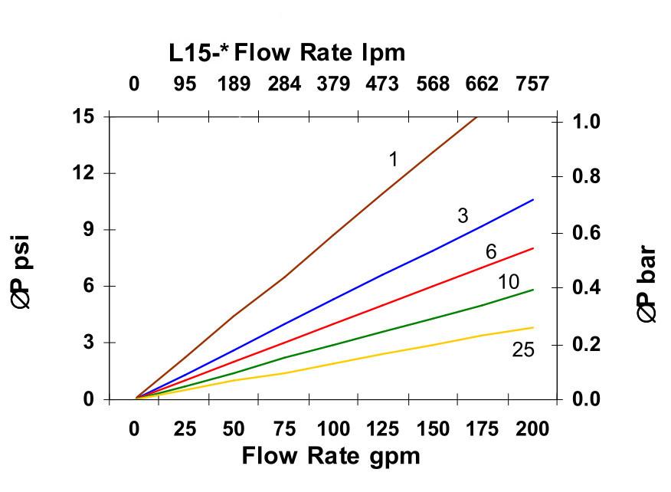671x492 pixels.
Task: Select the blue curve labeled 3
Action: [x=383, y=274]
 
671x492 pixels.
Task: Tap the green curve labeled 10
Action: [x=383, y=330]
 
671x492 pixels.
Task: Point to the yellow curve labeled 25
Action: [x=383, y=353]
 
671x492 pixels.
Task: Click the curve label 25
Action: [x=523, y=350]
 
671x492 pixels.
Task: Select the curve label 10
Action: [x=509, y=282]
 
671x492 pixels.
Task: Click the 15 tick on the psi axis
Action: [x=83, y=116]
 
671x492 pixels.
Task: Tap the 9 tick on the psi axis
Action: [x=88, y=229]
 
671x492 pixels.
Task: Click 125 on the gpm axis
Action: [x=383, y=428]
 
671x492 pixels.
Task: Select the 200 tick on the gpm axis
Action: [x=532, y=428]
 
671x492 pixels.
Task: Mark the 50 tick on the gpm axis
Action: [x=234, y=428]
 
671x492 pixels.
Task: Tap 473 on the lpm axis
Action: [x=382, y=84]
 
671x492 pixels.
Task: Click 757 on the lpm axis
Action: [x=532, y=84]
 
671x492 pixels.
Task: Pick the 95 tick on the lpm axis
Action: [x=184, y=84]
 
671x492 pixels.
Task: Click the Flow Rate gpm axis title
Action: [x=331, y=456]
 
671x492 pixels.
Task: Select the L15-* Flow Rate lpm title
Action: [x=287, y=53]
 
